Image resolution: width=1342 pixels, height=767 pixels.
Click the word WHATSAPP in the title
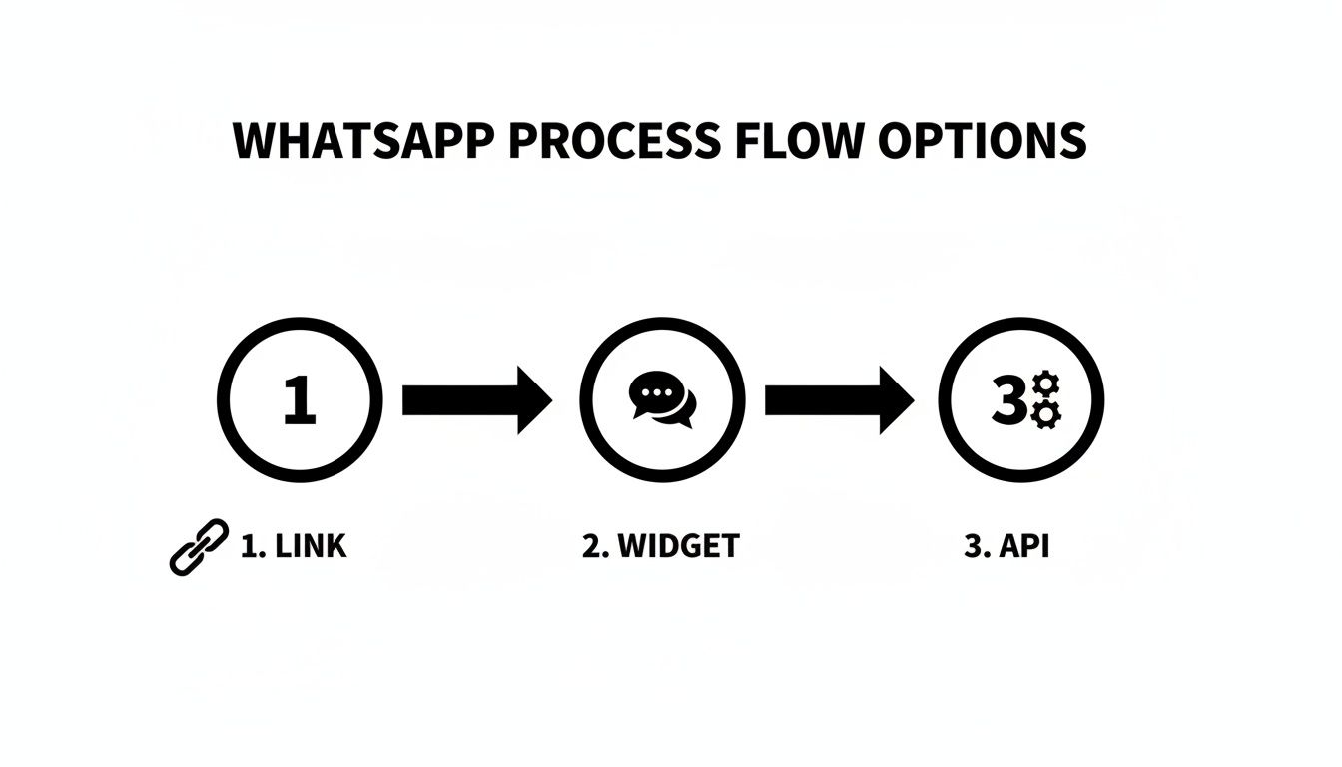coord(362,141)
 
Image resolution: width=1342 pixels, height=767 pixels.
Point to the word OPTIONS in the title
coord(983,141)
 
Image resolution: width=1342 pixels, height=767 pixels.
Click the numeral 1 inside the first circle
coord(299,401)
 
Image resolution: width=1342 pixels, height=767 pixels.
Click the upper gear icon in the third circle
coord(1045,386)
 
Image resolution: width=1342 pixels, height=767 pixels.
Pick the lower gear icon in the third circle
coord(1045,413)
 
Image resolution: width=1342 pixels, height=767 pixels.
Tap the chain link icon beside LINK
coord(199,547)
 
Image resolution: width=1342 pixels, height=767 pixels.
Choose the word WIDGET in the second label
coord(678,547)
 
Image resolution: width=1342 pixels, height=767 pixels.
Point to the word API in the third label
coord(1024,547)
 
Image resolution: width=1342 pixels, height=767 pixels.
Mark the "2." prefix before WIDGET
coord(595,547)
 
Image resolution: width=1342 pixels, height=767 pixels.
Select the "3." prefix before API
coord(978,547)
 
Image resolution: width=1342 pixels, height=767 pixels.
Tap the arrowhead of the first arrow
coord(533,400)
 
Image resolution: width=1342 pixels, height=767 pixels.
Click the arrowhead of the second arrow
coord(896,400)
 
